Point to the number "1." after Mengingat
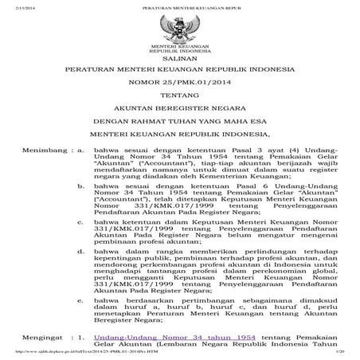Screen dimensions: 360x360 [82, 338]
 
